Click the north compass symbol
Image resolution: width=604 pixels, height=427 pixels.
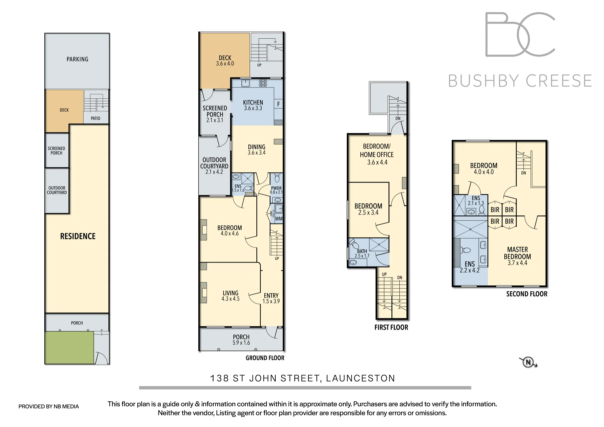point(528,362)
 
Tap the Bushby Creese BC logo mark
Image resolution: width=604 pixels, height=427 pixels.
point(520,34)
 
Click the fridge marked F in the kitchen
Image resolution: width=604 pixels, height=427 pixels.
point(278,104)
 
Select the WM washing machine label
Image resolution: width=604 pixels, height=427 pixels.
point(279,219)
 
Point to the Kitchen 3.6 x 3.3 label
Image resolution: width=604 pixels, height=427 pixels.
point(253,105)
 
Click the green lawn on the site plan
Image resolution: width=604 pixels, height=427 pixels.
point(69,348)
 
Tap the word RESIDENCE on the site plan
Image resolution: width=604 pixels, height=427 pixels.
point(78,236)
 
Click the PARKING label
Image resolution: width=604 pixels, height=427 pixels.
point(77,59)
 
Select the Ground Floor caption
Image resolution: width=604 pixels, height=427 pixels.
point(265,358)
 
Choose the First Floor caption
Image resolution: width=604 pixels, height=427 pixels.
point(391,327)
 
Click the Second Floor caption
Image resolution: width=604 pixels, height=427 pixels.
point(527,294)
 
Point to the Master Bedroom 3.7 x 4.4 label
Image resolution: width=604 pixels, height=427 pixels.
point(517,256)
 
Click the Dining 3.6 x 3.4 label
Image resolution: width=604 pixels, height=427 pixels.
point(257,149)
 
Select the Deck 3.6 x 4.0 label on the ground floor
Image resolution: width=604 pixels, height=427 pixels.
point(225,60)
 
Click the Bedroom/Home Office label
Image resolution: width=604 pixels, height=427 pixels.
point(377,154)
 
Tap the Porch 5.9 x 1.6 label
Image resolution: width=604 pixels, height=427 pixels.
point(241,340)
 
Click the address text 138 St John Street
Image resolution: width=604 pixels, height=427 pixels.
point(302,378)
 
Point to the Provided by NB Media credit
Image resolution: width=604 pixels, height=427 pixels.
point(49,406)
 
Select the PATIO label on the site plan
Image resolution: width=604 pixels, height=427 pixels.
point(95,118)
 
